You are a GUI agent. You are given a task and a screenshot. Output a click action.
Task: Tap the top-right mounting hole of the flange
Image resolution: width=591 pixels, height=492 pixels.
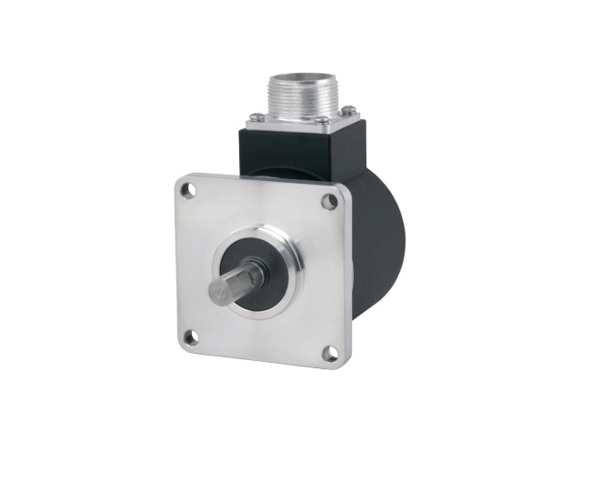point(328,203)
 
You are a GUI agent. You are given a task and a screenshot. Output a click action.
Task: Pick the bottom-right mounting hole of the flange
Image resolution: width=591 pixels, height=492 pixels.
point(329,350)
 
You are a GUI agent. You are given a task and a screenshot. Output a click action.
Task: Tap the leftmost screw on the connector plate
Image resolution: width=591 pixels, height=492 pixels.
point(257,116)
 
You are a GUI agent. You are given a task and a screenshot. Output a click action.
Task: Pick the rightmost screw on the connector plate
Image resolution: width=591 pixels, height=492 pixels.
point(347,112)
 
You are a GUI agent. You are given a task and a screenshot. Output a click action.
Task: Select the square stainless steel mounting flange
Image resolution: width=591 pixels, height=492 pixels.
point(218,227)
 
